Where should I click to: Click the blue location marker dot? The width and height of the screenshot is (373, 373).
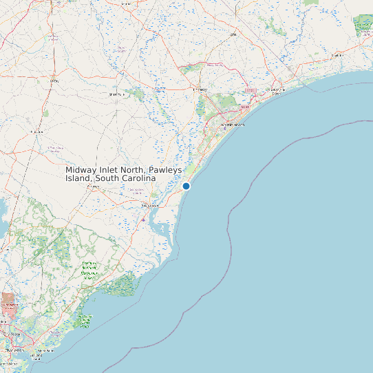186,186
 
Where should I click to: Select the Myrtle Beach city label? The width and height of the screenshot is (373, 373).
233,125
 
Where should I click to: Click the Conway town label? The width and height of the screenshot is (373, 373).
200,89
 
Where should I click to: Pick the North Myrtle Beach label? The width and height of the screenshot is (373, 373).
277,91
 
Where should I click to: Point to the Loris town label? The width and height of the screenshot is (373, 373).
233,34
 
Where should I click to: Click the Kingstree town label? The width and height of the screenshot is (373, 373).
37,130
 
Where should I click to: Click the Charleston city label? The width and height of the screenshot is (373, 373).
11,350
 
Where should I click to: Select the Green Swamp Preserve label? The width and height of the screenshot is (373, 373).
363,26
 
